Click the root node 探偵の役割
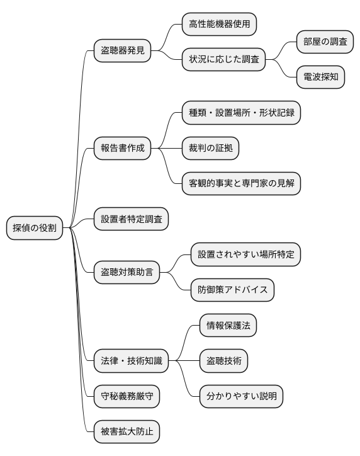(x=35, y=228)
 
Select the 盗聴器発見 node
(x=122, y=49)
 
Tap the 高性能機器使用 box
(x=219, y=25)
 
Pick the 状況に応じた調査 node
(x=223, y=60)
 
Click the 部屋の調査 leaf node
(x=325, y=42)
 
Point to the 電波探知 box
(x=321, y=77)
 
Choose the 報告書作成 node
(x=122, y=149)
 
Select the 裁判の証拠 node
(x=210, y=149)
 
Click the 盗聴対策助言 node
(x=127, y=273)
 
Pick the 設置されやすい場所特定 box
(x=245, y=254)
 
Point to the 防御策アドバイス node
(x=232, y=290)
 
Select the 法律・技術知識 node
(x=131, y=362)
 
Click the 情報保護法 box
(x=227, y=326)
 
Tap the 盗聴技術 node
(x=223, y=362)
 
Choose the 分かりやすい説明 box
(x=241, y=397)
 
